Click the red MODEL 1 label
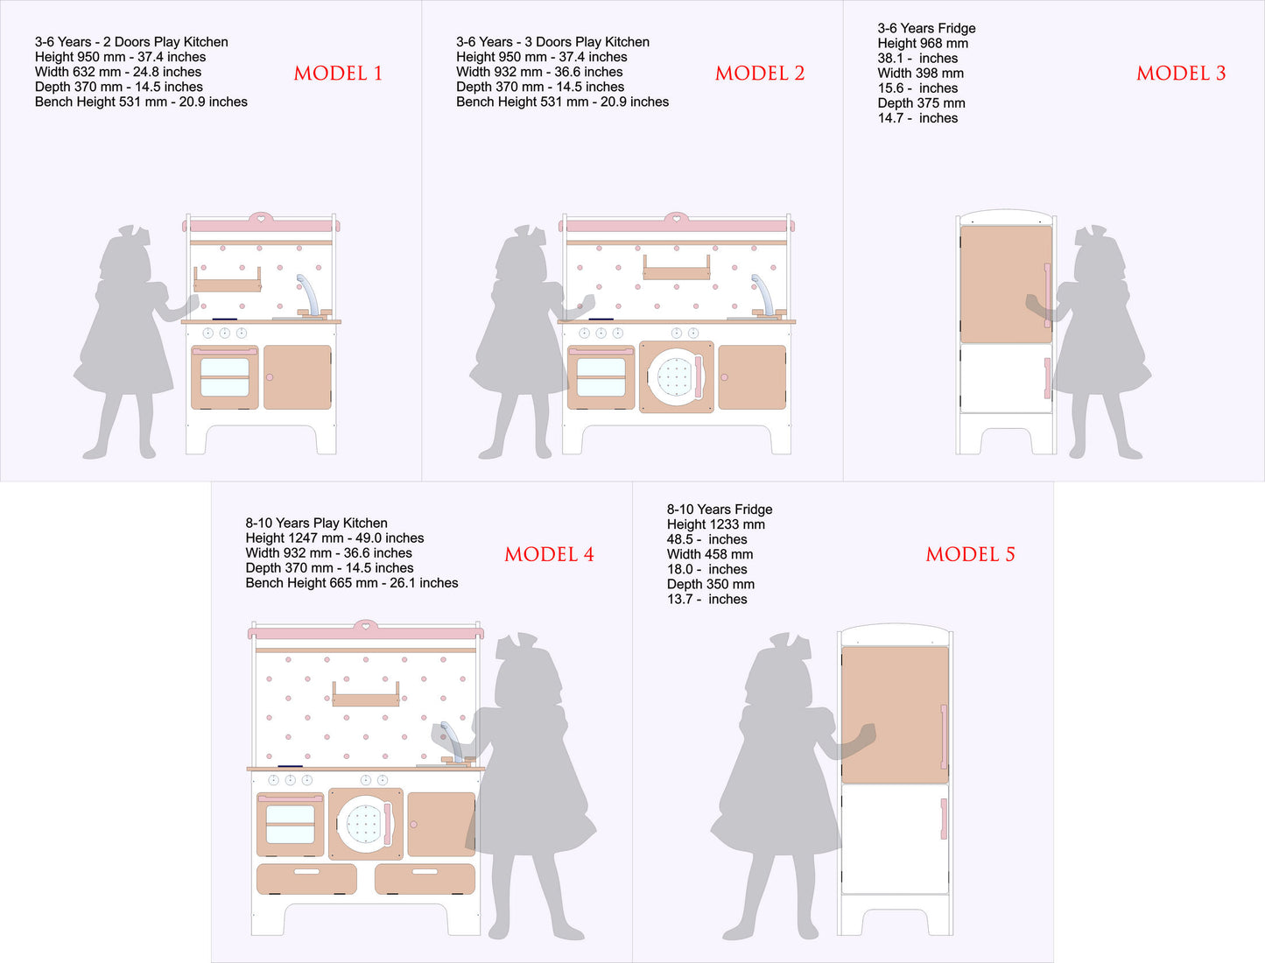point(338,74)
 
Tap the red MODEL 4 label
point(549,554)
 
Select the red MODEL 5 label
point(970,554)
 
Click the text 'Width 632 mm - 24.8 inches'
point(118,72)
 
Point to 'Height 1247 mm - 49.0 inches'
point(334,538)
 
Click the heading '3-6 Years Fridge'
point(926,28)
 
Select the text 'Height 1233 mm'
point(715,524)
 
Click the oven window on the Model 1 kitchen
point(225,377)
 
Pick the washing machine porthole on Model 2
point(675,377)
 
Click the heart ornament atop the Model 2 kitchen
point(676,218)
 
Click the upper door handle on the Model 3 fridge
point(1047,295)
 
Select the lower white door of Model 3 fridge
point(1006,378)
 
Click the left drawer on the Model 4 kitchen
point(306,879)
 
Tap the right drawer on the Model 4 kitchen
point(425,879)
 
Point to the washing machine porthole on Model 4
point(364,825)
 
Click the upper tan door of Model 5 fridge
point(895,714)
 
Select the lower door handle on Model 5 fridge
point(944,819)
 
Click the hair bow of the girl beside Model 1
point(134,234)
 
